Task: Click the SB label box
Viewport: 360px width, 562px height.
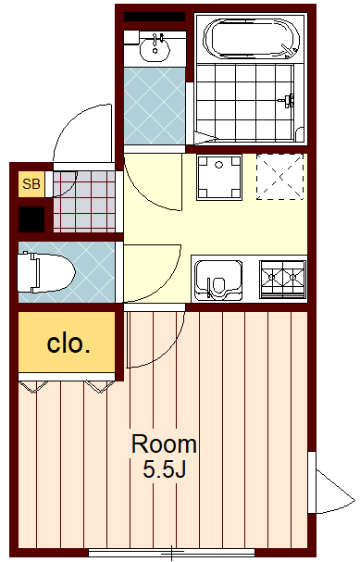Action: pos(31,184)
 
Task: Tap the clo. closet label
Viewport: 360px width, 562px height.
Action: pos(68,343)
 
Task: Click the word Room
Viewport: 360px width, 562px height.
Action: pos(165,443)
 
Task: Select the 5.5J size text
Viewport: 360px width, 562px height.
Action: pos(165,468)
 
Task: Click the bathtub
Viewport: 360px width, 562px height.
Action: pos(251,38)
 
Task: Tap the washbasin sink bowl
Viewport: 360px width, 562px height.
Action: pos(155,49)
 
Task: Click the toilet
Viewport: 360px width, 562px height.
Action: pos(46,272)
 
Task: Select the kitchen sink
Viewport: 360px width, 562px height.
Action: pos(218,280)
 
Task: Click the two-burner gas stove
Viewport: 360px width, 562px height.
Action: pos(283,280)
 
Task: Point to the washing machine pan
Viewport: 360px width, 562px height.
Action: pos(219,178)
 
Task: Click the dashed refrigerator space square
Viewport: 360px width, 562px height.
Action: pos(279,177)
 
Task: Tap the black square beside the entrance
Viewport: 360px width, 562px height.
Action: pos(31,219)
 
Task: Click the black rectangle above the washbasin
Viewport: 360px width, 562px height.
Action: pos(155,17)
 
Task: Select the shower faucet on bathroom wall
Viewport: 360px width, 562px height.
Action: pos(289,100)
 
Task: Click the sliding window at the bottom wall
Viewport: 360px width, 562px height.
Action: pos(171,553)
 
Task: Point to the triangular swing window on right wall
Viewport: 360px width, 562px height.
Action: pos(331,491)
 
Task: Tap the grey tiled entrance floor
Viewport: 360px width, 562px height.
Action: pos(84,202)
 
